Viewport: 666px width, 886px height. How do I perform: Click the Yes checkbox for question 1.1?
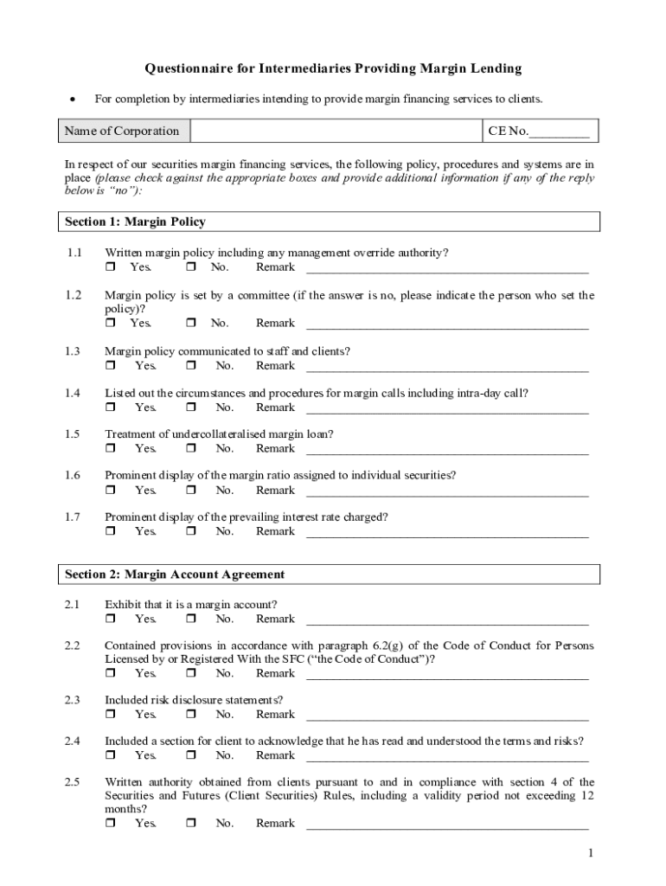[x=110, y=267]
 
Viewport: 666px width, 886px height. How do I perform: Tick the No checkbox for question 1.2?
[x=191, y=324]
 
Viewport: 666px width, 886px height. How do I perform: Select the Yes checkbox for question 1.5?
[x=110, y=449]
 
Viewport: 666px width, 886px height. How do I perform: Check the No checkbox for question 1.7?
[x=191, y=532]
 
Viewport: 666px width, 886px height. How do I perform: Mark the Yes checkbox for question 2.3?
[x=110, y=715]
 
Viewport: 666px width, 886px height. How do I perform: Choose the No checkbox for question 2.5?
[x=191, y=824]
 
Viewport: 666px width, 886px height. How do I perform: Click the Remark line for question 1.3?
[x=447, y=367]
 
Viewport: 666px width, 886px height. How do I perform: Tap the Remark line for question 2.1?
[x=447, y=620]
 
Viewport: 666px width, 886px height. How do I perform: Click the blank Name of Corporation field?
[x=336, y=132]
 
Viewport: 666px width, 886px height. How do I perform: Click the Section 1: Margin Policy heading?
[x=136, y=222]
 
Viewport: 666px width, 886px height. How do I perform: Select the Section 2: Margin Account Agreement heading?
[x=175, y=575]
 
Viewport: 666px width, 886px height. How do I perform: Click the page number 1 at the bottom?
[x=591, y=854]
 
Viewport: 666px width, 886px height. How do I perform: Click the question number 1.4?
[x=73, y=393]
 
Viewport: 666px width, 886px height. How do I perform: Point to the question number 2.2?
[x=73, y=645]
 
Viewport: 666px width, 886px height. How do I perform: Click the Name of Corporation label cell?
[x=123, y=132]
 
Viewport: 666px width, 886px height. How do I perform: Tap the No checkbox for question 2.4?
[x=191, y=756]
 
